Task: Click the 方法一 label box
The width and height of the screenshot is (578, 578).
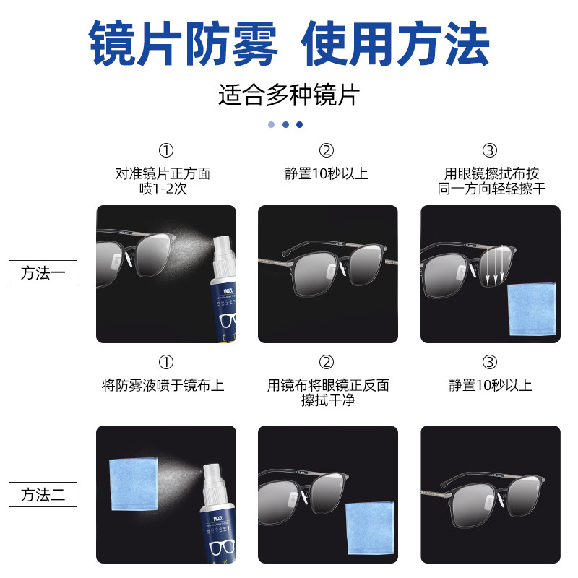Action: point(42,274)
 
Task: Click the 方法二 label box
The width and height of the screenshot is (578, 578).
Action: point(42,495)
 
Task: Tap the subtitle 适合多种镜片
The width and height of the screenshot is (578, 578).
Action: point(288,95)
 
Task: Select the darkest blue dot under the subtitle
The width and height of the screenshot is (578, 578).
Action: point(299,124)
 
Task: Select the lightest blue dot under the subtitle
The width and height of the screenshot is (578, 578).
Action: point(271,124)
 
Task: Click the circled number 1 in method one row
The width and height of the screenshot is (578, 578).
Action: point(165,150)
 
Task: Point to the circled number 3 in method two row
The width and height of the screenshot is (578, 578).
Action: point(490,362)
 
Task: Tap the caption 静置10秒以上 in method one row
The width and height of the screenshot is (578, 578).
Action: point(327,174)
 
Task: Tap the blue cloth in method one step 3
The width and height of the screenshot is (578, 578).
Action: point(532,309)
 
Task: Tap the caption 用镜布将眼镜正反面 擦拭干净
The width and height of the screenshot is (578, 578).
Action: point(328,393)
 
